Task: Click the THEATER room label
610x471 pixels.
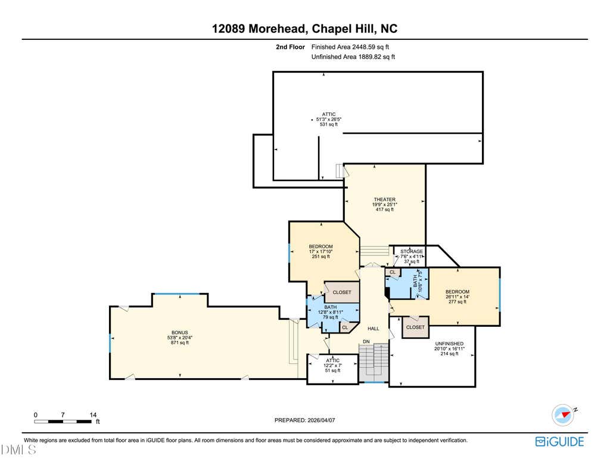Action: [385, 199]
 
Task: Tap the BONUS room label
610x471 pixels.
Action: [180, 332]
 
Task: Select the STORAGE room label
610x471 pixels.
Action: [412, 252]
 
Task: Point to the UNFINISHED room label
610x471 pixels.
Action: [449, 344]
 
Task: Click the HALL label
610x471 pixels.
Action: [374, 329]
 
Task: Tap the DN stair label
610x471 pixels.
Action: [366, 341]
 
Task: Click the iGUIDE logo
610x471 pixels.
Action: [559, 441]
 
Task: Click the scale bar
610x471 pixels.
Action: [63, 421]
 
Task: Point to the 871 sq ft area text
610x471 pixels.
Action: [180, 342]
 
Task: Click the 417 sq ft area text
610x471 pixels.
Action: [385, 209]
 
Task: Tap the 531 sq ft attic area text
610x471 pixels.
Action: [329, 124]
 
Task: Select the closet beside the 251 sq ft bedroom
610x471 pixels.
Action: [342, 292]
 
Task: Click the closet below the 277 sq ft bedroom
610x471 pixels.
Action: [415, 327]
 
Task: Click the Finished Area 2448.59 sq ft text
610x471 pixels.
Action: [350, 47]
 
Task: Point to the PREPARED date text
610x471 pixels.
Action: [304, 420]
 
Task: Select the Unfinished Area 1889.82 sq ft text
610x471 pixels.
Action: [353, 57]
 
